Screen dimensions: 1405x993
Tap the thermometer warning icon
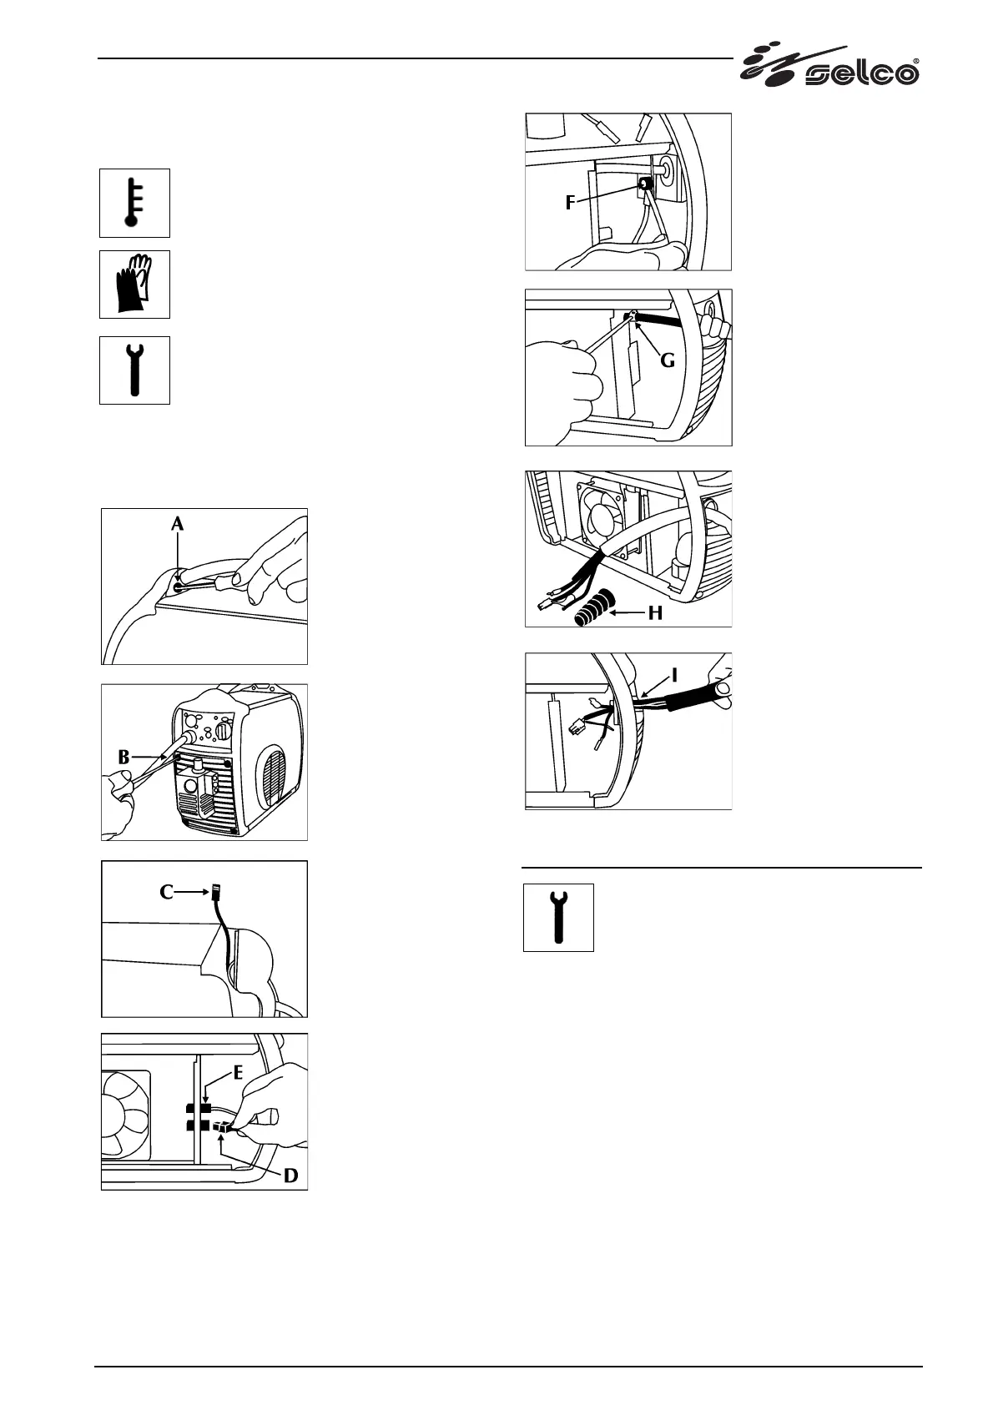[x=134, y=203]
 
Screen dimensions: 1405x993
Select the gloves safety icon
[x=134, y=284]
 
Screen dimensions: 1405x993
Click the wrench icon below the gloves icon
[x=134, y=370]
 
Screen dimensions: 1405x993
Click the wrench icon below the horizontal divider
[x=558, y=917]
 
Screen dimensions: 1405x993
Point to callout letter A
[x=177, y=524]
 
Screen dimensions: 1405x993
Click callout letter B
[x=124, y=758]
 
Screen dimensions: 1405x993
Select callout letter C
[x=167, y=892]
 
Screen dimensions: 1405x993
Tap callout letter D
[x=290, y=1175]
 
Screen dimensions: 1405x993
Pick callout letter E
[x=239, y=1072]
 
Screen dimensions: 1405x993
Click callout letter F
[x=570, y=202]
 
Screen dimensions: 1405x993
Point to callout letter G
[x=668, y=361]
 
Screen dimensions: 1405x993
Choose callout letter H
[x=655, y=613]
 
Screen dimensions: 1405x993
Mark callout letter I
[x=674, y=673]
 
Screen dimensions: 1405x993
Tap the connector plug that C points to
[x=217, y=890]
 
